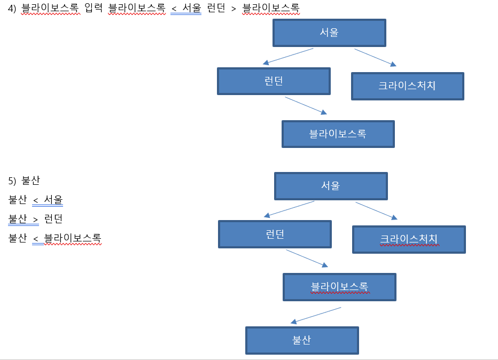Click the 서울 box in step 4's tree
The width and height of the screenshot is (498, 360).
[x=329, y=33]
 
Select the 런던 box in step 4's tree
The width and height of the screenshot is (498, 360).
[x=274, y=81]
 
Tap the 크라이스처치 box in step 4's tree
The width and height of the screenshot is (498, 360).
[x=407, y=86]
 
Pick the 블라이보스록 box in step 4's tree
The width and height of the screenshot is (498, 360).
[x=338, y=134]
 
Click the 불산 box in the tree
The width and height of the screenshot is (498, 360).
[x=302, y=340]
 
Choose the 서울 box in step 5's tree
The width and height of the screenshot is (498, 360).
[x=330, y=186]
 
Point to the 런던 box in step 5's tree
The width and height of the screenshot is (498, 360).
[x=275, y=234]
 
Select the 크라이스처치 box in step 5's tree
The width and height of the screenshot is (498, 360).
[x=409, y=239]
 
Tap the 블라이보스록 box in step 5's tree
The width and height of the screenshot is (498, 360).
[x=339, y=287]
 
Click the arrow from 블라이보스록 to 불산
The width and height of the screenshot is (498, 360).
[x=316, y=315]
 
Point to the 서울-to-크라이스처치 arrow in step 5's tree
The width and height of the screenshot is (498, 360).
[x=377, y=210]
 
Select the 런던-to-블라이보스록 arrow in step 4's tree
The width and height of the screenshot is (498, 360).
[x=305, y=105]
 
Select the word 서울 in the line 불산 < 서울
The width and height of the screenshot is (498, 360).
[x=53, y=200]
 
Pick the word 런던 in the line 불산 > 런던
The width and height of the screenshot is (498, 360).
[x=54, y=219]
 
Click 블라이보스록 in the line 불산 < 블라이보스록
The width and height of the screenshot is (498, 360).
[x=73, y=238]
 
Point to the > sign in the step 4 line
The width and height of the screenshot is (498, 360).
[x=234, y=9]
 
